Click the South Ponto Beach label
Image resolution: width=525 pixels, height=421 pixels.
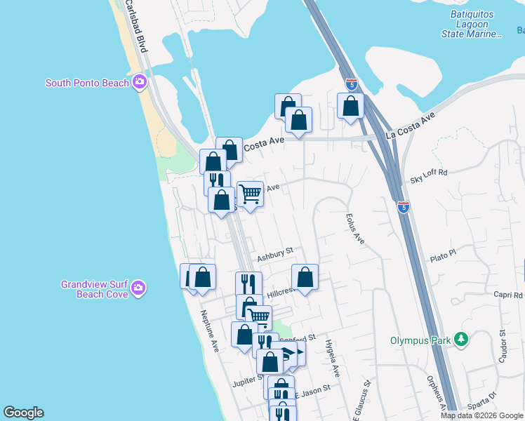[87, 83]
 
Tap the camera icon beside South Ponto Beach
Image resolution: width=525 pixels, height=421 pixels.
[140, 83]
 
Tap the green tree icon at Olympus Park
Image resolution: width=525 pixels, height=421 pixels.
[461, 340]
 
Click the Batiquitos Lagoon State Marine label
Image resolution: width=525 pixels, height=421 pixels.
[472, 25]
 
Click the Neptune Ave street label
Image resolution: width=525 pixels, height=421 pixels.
[210, 330]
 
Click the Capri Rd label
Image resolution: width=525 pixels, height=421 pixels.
[508, 295]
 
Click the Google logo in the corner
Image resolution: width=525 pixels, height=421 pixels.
[24, 413]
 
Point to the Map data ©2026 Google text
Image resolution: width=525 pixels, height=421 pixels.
[481, 415]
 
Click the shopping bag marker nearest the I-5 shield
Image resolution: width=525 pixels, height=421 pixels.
[351, 107]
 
